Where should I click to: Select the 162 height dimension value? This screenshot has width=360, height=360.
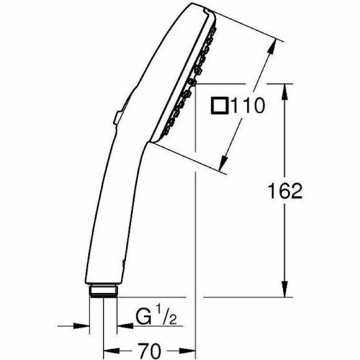(x=286, y=191)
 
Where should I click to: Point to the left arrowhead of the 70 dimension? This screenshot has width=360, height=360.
(x=107, y=350)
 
